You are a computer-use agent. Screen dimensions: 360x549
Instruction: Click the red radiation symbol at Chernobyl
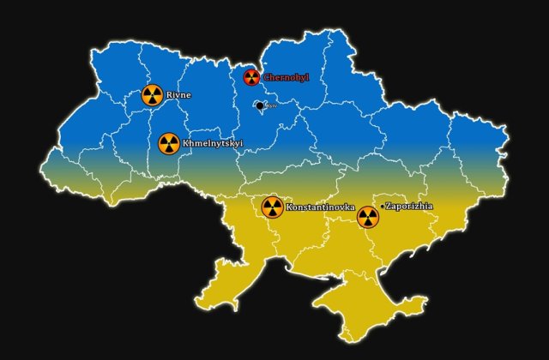click(x=251, y=77)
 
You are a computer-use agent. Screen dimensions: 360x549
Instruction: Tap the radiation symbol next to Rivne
click(x=153, y=95)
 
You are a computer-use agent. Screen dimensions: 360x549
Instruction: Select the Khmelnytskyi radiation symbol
click(x=169, y=143)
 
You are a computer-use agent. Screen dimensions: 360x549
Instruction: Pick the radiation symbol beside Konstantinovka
click(x=272, y=207)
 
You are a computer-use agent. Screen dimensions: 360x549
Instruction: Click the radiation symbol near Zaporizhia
click(x=368, y=217)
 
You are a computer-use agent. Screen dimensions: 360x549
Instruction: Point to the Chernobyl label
click(x=286, y=78)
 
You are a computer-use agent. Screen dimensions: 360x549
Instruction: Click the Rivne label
click(x=179, y=95)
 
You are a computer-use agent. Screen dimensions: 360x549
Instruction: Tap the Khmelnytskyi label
click(x=208, y=143)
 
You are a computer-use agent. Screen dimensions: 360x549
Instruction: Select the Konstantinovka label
click(x=315, y=207)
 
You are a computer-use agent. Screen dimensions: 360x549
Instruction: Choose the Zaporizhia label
click(x=410, y=206)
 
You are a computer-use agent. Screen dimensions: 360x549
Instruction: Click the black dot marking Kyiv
click(x=260, y=105)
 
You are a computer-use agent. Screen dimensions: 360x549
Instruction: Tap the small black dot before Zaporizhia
click(x=383, y=207)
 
